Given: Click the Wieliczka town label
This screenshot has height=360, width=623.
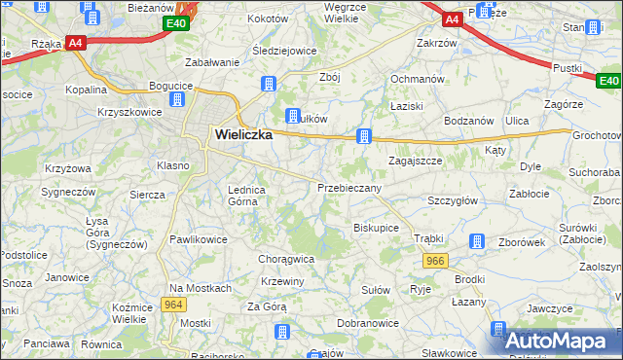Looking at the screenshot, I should coord(238,136).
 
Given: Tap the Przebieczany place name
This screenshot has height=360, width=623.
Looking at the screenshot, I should coord(348,187).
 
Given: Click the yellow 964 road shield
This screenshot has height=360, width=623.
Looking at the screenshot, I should coord(174,305).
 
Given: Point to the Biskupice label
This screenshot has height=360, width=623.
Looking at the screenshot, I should coord(376,228).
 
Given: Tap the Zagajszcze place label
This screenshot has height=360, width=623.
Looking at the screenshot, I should coord(417,161).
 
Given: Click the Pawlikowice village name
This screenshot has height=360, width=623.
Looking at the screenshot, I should coord(200,237).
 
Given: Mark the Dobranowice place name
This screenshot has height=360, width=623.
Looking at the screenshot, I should coord(366,322).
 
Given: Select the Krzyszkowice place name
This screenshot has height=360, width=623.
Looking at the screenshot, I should coord(128,113).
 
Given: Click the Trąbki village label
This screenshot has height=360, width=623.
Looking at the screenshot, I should coord(428,238).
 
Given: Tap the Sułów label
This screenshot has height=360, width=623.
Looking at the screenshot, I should coord(376,290).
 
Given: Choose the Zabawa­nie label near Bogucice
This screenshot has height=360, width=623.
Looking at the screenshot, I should coord(212,62).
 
